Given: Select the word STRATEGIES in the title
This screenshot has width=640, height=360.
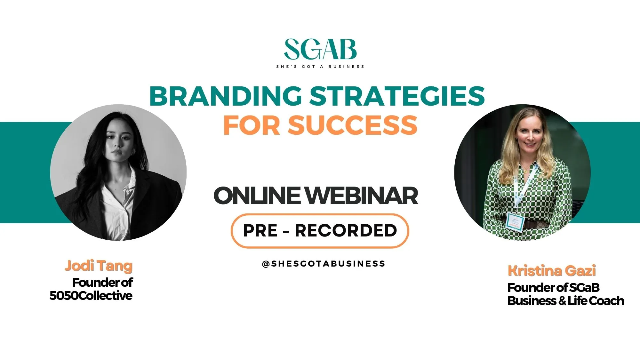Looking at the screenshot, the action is [397, 96].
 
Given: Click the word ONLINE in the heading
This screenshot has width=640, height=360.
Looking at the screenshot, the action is [257, 196].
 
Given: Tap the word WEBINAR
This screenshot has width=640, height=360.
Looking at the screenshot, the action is [361, 196].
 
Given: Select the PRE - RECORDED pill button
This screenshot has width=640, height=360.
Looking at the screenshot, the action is [320, 230].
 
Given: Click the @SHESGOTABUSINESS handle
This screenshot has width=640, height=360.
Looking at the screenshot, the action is [324, 264].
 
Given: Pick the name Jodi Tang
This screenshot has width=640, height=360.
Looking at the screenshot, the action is [99, 266].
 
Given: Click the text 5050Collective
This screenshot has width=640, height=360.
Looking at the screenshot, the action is [91, 295].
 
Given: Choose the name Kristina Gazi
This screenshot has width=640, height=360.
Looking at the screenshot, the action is [552, 271].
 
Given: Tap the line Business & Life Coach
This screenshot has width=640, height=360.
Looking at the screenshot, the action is [566, 301].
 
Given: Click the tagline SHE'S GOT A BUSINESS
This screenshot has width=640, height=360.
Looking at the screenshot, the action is [320, 67].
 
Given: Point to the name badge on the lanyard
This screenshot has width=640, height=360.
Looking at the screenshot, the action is [515, 221].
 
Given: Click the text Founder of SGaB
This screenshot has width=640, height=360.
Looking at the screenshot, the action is [554, 288].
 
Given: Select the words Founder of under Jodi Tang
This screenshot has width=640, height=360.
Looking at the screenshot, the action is [102, 283].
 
